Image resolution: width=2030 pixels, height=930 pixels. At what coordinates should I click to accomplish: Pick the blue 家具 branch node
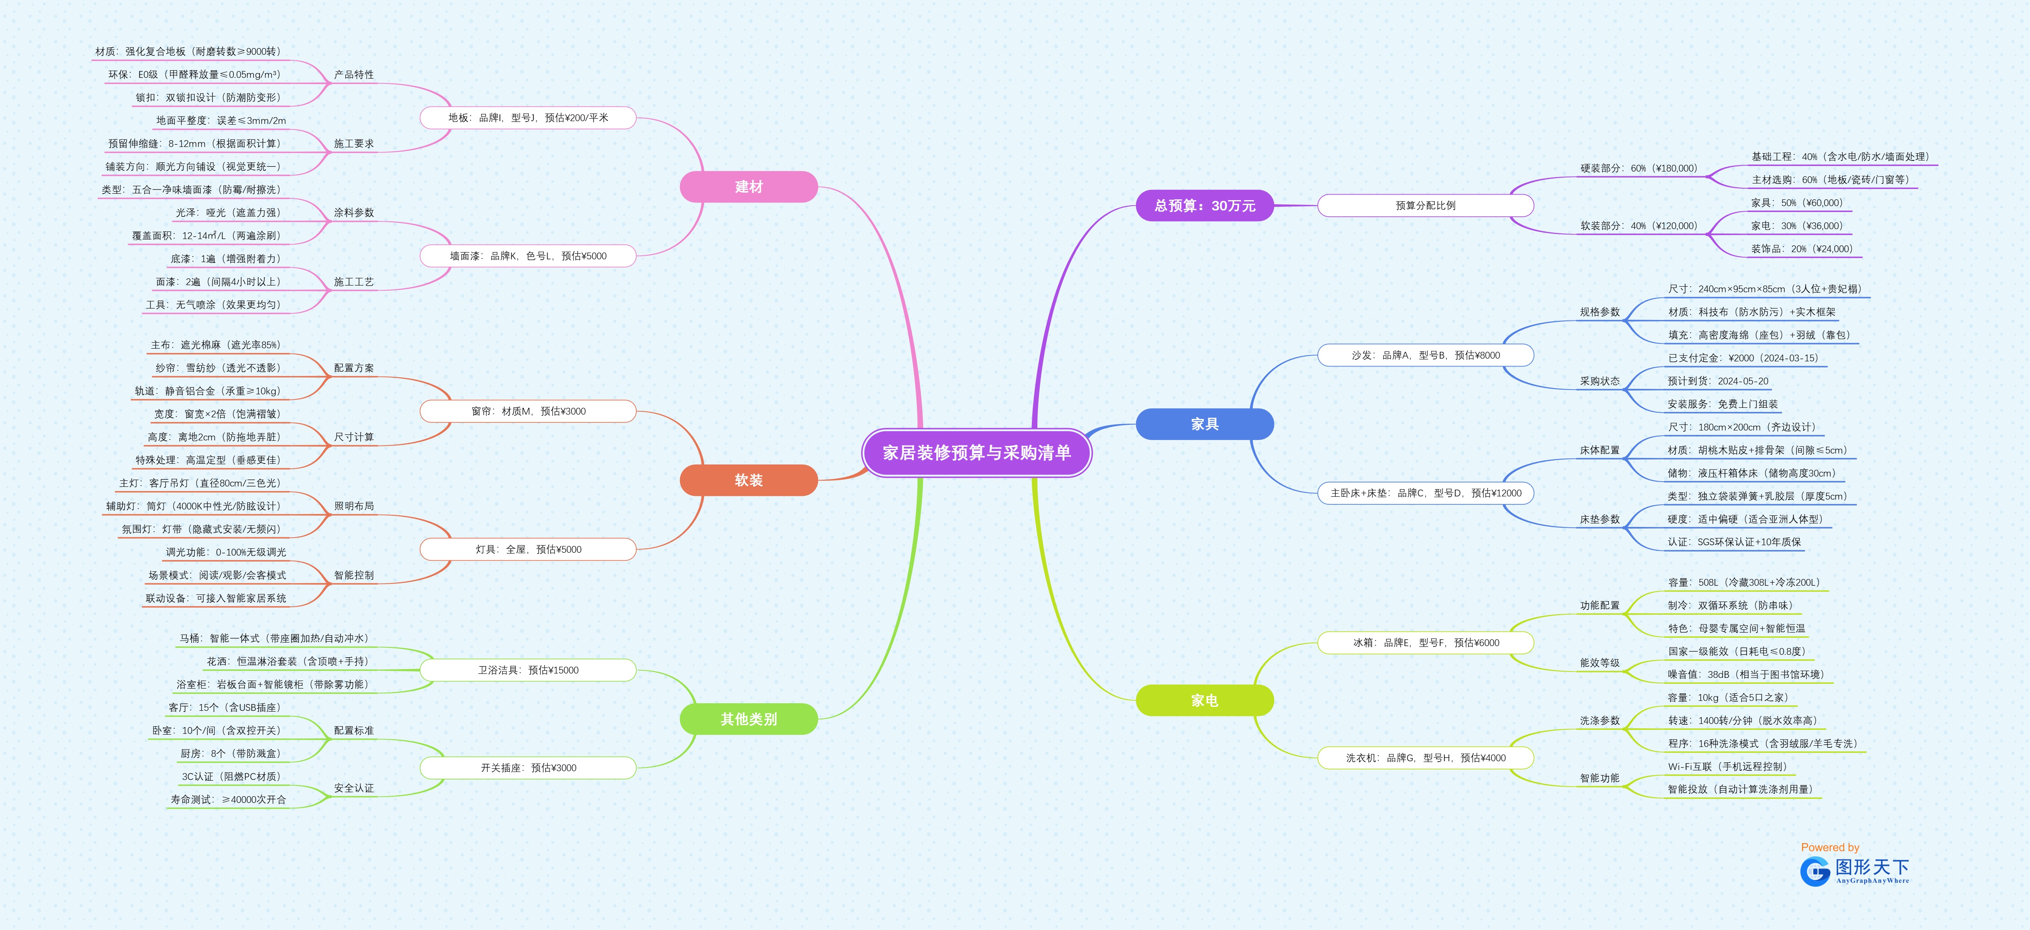pos(1204,424)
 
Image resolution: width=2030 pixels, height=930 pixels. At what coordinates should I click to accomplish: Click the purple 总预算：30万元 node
pos(1204,206)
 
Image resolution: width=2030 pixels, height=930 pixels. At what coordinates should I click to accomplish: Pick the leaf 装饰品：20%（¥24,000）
pos(1801,249)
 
